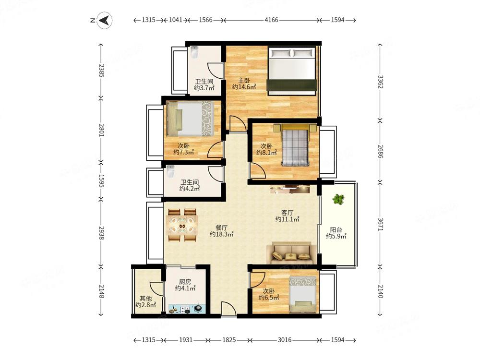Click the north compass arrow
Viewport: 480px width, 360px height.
click(x=104, y=20)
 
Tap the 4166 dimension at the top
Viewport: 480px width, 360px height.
click(x=271, y=20)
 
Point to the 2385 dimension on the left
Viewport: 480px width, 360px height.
click(x=101, y=71)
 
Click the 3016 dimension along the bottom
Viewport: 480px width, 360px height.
click(x=284, y=340)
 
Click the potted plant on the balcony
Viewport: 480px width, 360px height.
click(x=338, y=199)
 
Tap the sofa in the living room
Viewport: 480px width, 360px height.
click(x=291, y=253)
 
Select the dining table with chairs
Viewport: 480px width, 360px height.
click(x=182, y=225)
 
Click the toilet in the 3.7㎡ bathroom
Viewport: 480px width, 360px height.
click(x=194, y=52)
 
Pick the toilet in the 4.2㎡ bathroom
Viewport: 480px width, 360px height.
click(x=170, y=172)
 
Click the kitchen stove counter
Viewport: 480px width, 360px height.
click(x=187, y=309)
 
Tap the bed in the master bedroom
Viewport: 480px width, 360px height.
click(x=291, y=71)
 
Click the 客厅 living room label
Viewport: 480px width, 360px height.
click(x=287, y=213)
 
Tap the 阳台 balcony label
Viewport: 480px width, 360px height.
click(x=336, y=229)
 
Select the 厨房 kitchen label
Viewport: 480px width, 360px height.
click(x=185, y=282)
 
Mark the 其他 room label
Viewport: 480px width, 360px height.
click(x=146, y=298)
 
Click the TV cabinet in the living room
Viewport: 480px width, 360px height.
click(x=290, y=189)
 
